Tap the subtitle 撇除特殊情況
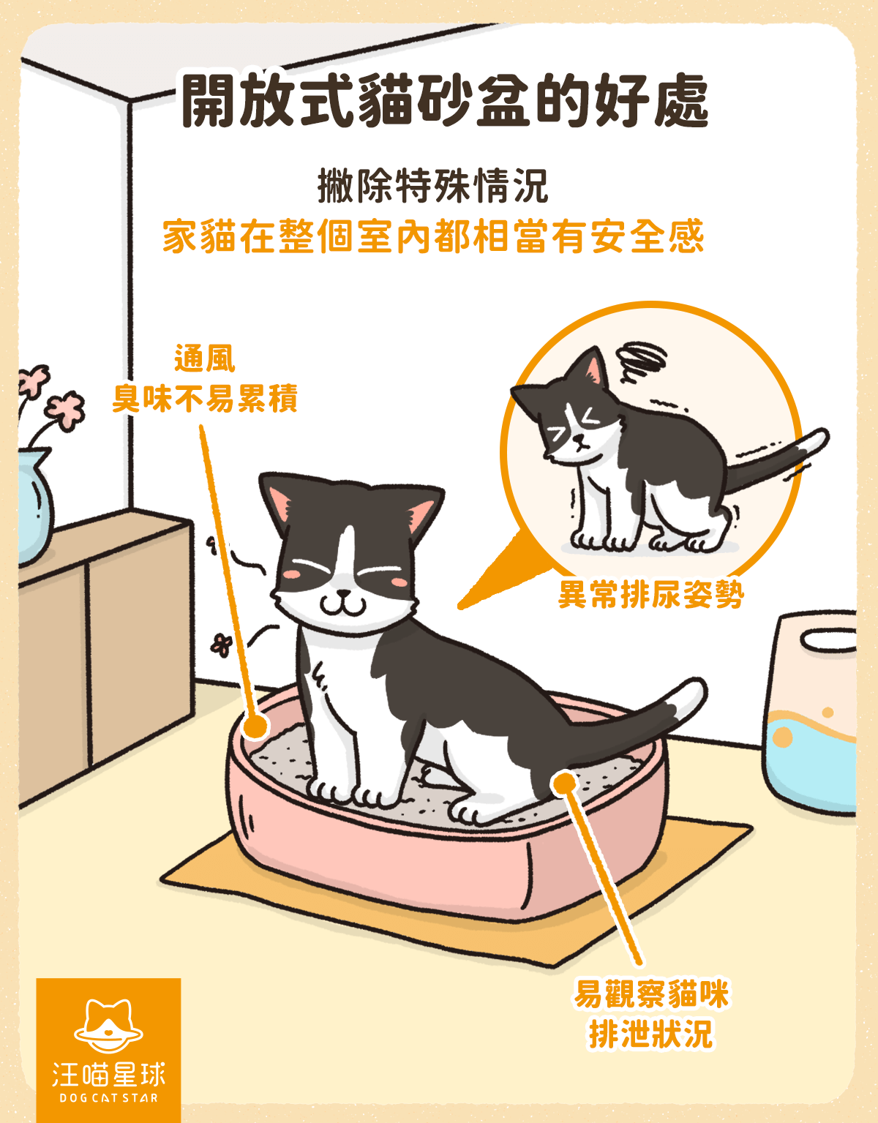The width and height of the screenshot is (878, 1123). [432, 186]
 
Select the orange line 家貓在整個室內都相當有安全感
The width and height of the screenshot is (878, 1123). [433, 236]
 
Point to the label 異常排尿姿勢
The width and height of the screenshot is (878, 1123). [651, 594]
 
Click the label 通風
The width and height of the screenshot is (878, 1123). [205, 358]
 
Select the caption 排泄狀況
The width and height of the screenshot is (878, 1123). [651, 1033]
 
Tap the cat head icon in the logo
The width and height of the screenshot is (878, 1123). [108, 1024]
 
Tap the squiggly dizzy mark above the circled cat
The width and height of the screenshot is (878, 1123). [641, 360]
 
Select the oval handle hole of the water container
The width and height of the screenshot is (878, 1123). [828, 640]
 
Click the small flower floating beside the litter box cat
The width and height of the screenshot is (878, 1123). [221, 645]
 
